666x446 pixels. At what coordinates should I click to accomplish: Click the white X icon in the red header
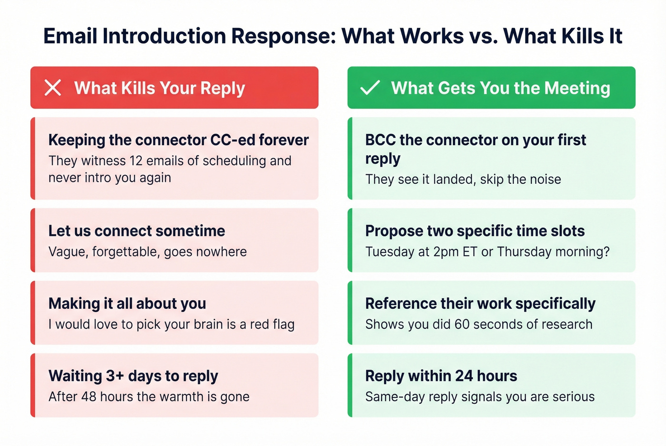coord(53,88)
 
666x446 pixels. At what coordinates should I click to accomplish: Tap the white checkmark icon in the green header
coord(370,88)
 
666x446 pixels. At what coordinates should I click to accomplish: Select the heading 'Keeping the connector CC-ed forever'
coord(178,140)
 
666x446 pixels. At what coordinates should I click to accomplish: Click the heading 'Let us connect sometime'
coord(137,231)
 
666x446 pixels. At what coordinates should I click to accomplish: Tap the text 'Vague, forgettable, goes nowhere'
coord(147,252)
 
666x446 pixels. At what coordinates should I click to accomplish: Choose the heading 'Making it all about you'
coord(127,304)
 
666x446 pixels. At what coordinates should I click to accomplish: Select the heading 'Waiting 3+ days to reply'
coord(133,376)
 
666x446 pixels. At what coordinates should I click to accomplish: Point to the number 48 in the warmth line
coord(89,397)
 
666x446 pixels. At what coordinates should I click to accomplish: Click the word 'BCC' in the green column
coord(380,140)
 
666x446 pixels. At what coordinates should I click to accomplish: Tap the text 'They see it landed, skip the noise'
coord(463,180)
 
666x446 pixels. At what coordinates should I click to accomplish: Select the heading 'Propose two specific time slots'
coord(475,231)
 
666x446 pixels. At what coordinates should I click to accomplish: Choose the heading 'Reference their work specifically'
coord(480,304)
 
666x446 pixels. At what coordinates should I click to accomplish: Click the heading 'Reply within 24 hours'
coord(441,376)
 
